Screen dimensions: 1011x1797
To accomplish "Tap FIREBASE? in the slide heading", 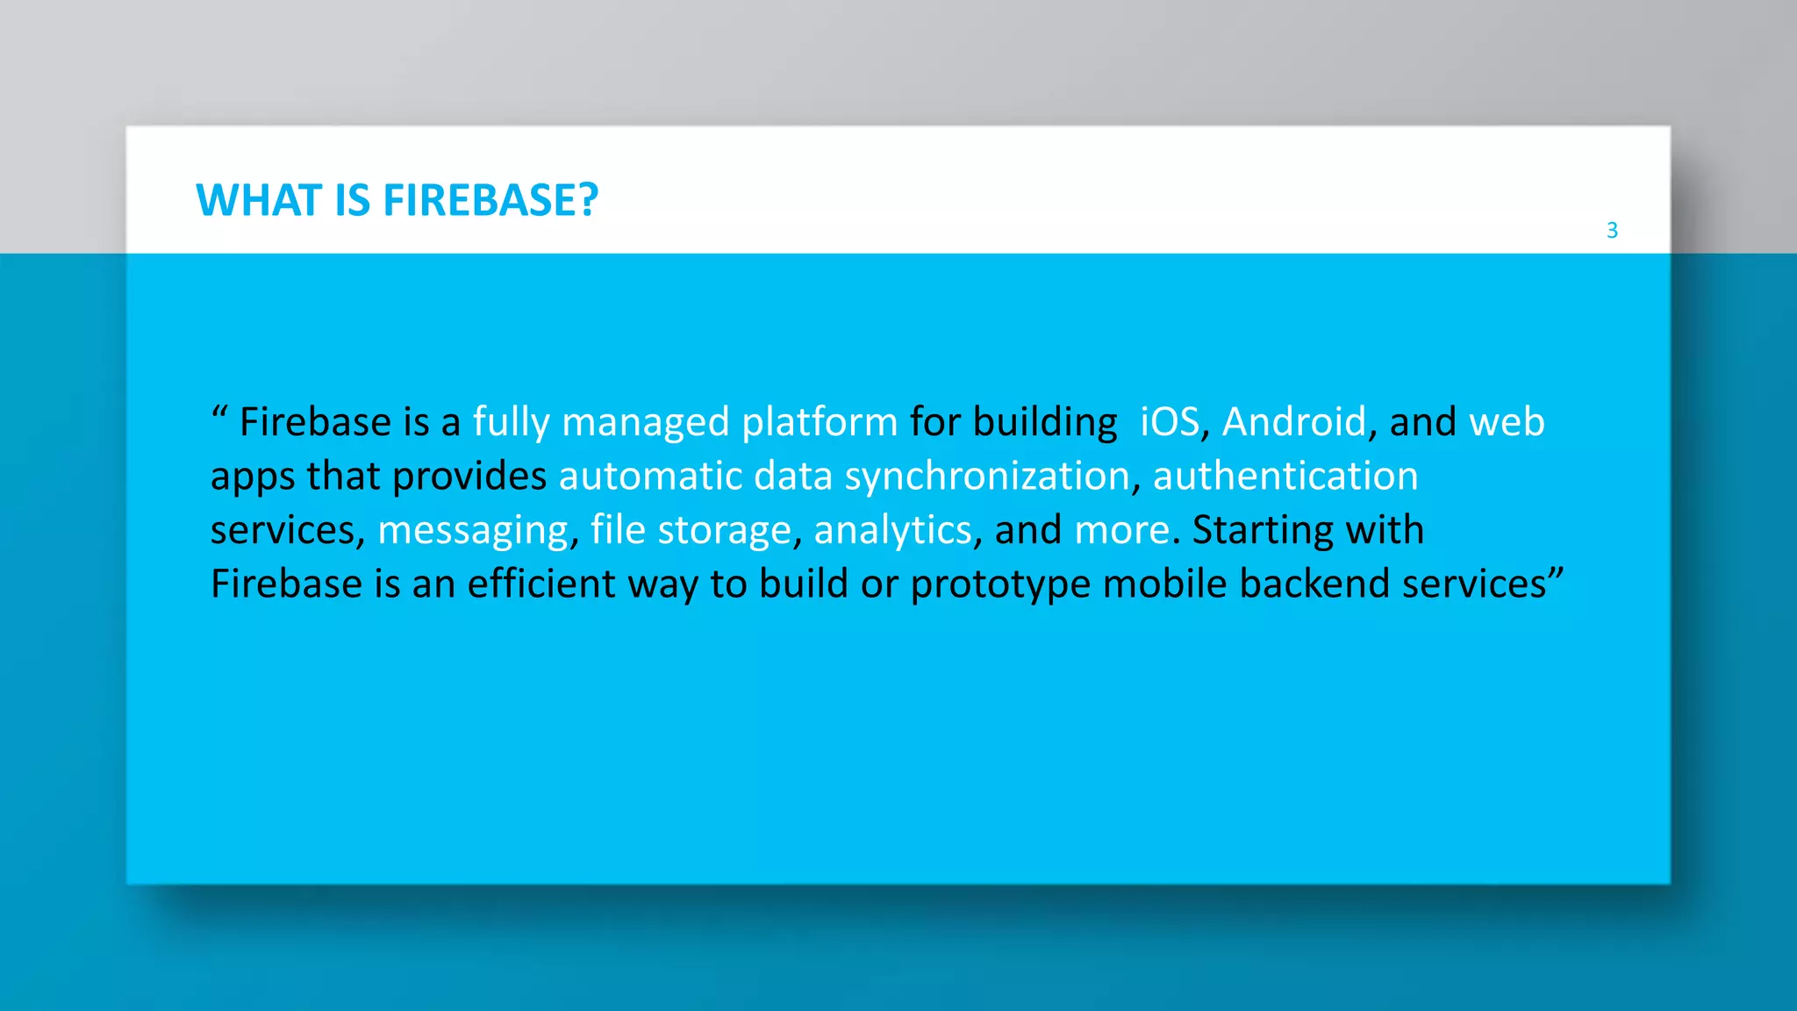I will click(x=490, y=200).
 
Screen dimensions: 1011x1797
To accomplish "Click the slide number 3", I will click(x=1612, y=230).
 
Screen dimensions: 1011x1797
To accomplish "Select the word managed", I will click(x=645, y=423).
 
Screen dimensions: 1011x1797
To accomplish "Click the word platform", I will click(x=820, y=423).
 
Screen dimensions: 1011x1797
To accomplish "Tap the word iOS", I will click(x=1170, y=422).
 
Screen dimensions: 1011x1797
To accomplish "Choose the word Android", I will click(x=1294, y=422).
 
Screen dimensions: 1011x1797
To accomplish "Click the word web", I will click(x=1507, y=422).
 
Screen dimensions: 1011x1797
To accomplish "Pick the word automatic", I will click(x=650, y=476).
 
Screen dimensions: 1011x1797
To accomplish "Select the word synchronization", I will click(x=987, y=477).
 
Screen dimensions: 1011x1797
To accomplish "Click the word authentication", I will click(x=1285, y=476).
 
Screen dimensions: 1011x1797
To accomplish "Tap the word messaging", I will click(x=473, y=531).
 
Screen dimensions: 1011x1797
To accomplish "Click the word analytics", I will click(x=892, y=531).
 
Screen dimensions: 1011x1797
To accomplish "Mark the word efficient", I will click(x=541, y=584).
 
